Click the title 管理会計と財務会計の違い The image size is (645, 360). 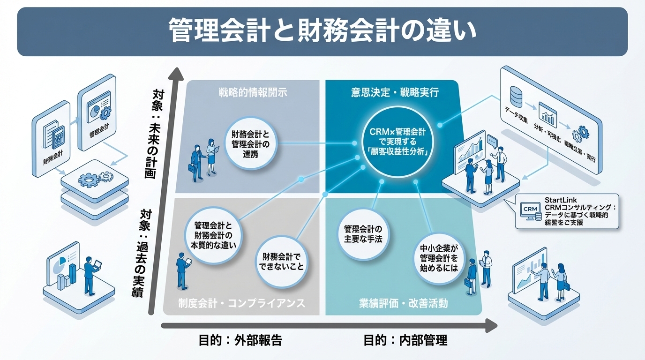click(322, 31)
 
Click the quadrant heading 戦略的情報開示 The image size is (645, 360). click(252, 92)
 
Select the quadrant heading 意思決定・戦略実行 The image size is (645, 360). click(395, 92)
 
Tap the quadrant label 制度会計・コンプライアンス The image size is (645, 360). click(241, 303)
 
